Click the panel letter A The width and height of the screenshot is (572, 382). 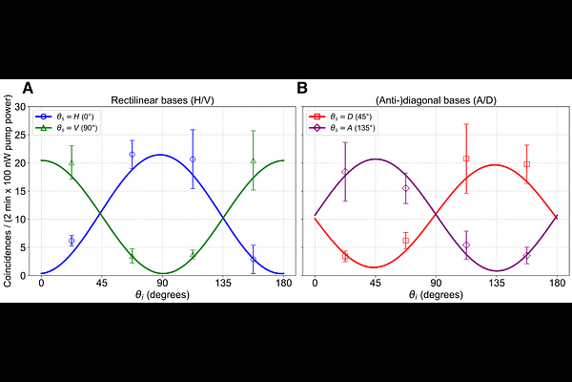(x=29, y=88)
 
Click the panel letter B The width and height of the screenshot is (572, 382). (x=302, y=88)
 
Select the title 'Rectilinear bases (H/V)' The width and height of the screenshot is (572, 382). (x=162, y=99)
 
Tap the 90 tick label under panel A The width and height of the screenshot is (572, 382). (x=162, y=285)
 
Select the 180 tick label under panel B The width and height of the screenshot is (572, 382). (x=557, y=285)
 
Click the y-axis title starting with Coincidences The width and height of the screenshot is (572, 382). (x=9, y=191)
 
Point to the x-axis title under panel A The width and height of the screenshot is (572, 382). (x=162, y=297)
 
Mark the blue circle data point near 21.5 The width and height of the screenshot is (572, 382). (x=132, y=154)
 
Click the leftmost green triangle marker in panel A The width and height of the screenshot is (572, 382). (x=71, y=162)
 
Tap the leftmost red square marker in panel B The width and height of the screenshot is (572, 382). (x=345, y=256)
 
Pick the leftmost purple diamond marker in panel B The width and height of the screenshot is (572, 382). (x=345, y=172)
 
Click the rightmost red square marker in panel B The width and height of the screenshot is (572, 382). (x=526, y=164)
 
